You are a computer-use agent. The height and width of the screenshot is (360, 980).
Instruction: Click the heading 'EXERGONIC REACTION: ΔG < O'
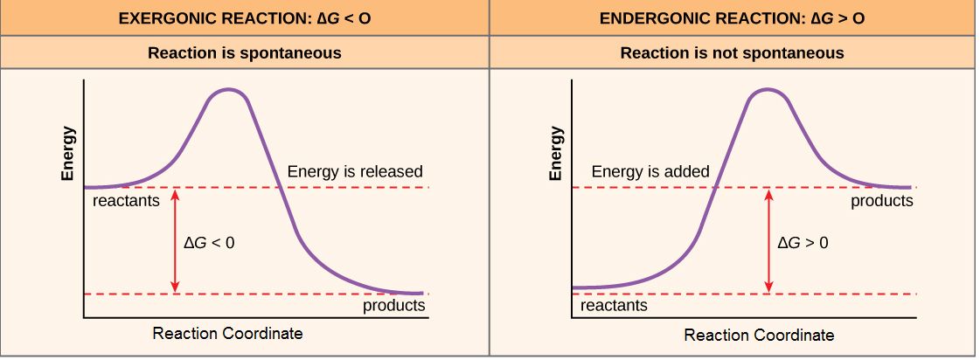(244, 17)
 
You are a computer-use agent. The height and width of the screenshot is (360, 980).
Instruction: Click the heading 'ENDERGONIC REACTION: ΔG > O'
(733, 17)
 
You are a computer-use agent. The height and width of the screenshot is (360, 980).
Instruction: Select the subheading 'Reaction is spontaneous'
(244, 53)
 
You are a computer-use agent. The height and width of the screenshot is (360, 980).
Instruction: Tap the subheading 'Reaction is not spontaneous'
(733, 53)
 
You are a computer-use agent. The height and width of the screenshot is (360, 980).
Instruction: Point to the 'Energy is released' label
(355, 171)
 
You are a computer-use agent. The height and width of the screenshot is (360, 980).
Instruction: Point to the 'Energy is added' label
(650, 171)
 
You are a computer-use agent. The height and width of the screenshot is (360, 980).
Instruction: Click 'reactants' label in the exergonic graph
(126, 202)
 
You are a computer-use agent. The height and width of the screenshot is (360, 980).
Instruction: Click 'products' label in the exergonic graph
(394, 306)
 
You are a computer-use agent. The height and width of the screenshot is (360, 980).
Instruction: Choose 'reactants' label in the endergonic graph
(614, 306)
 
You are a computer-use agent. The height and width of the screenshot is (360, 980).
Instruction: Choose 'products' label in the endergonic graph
(882, 201)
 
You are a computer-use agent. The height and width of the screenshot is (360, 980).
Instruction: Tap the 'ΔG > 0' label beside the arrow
(803, 242)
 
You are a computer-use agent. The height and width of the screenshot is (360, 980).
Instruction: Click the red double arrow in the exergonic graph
(175, 240)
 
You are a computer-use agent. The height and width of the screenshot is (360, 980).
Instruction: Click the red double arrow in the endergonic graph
(768, 240)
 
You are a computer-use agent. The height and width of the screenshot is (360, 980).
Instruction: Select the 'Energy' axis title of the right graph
(555, 155)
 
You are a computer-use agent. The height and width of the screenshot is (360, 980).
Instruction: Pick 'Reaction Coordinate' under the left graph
(227, 334)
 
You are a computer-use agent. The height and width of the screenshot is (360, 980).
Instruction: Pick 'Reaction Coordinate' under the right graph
(759, 335)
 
